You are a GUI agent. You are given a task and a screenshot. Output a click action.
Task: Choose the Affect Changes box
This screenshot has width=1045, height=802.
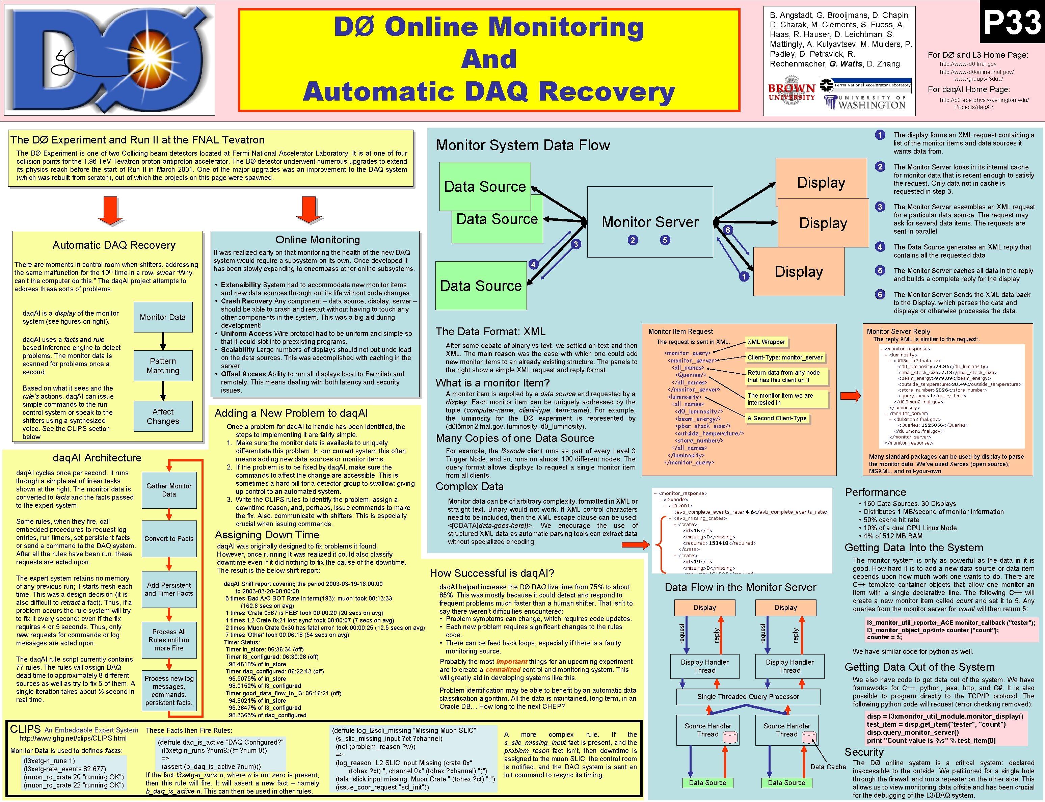[x=163, y=416]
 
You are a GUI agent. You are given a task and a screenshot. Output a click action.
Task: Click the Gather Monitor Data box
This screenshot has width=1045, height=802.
[x=169, y=490]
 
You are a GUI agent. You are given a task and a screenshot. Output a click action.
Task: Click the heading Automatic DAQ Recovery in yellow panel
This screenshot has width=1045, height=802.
[x=114, y=245]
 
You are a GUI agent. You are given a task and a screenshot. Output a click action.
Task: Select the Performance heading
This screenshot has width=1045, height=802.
[x=875, y=492]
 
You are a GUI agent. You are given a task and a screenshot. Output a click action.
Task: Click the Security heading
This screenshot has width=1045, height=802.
[x=864, y=752]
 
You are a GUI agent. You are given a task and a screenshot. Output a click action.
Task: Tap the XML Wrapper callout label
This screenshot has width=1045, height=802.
[x=766, y=342]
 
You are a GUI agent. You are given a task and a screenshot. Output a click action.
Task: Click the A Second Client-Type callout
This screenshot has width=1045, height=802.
[x=777, y=418]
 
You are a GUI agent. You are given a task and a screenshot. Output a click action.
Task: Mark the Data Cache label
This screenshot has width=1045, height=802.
[x=828, y=767]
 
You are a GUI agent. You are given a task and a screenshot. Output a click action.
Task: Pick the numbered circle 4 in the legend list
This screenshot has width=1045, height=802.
[x=880, y=247]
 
